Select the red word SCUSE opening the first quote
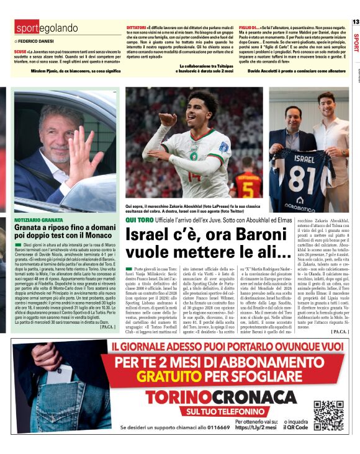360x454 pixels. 20,50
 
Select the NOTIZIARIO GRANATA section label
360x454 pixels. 38,220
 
